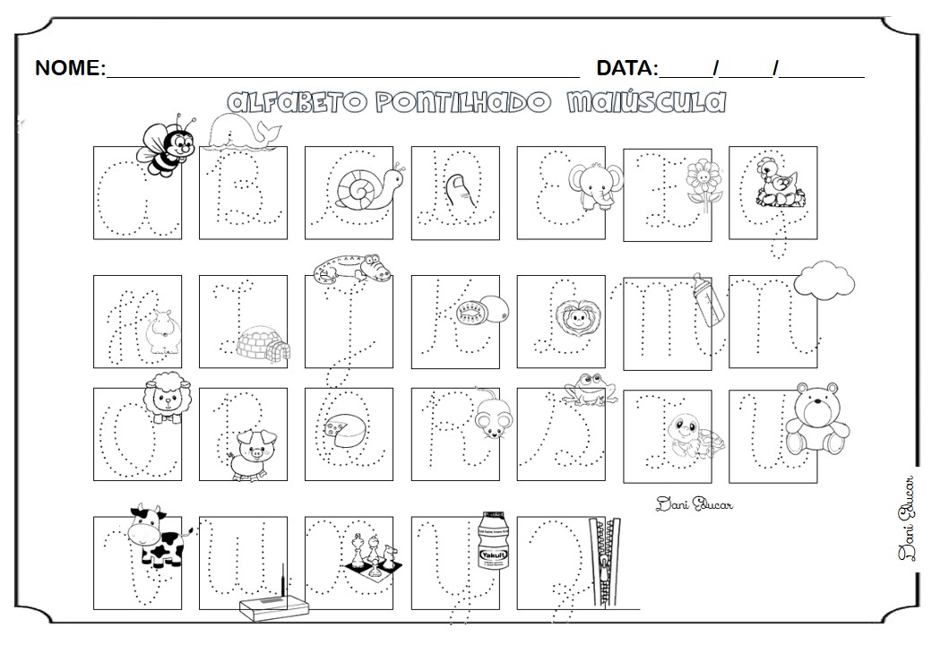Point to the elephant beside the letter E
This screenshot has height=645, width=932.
[594, 187]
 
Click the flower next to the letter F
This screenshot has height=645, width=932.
[703, 185]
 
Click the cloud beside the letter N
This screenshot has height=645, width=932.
[824, 279]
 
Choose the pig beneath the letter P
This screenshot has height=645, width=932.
[247, 452]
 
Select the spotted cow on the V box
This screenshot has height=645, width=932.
[154, 537]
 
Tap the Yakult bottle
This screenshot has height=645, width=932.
[494, 547]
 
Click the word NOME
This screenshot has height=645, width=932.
[70, 68]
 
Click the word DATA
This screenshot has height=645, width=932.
[626, 68]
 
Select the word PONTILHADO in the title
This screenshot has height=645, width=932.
[463, 103]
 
